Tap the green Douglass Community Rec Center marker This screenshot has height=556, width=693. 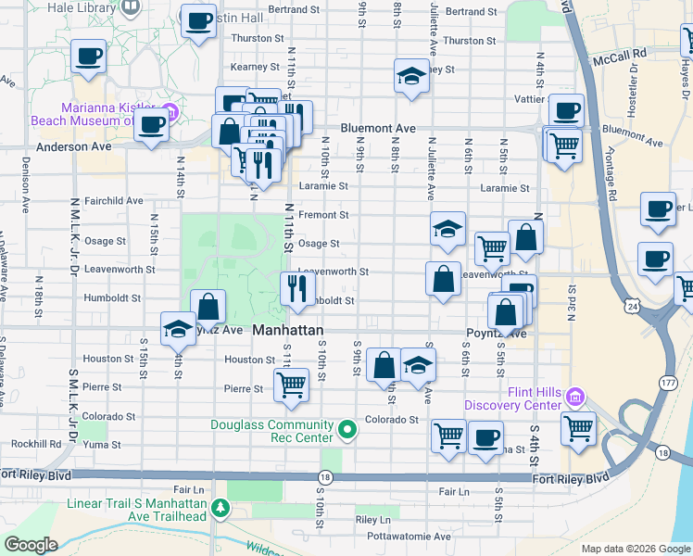click(347, 429)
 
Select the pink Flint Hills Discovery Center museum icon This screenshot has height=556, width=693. click(575, 397)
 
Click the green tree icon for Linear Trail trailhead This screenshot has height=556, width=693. click(220, 508)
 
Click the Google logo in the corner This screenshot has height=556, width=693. click(31, 545)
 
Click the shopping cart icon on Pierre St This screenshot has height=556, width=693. click(291, 384)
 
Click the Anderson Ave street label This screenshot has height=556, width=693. click(73, 146)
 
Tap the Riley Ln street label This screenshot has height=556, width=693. click(373, 520)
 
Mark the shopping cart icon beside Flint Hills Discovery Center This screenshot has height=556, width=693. click(578, 428)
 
